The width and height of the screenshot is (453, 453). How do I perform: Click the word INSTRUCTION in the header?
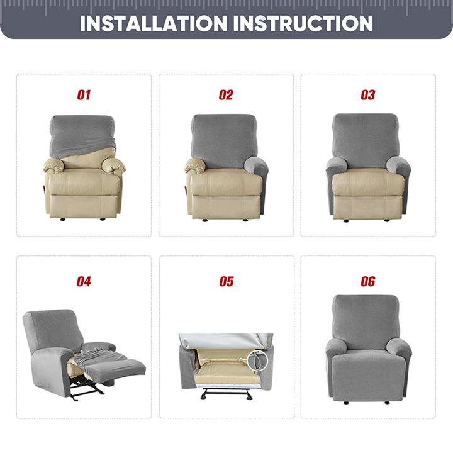[303, 23]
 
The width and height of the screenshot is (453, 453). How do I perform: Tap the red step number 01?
[84, 95]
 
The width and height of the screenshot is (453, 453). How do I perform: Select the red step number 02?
[226, 95]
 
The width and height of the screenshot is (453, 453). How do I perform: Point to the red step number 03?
[368, 95]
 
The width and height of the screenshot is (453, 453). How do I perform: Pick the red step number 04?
[84, 281]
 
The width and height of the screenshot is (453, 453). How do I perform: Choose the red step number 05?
[226, 281]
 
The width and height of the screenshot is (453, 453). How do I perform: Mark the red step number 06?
[368, 281]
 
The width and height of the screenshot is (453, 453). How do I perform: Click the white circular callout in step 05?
[257, 360]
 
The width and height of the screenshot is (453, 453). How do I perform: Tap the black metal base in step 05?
[226, 394]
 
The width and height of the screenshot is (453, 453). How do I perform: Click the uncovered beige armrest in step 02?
[195, 166]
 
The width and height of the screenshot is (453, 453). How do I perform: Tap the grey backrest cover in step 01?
[82, 136]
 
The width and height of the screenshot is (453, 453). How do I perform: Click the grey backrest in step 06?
[366, 321]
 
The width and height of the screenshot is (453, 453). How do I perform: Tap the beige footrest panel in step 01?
[84, 206]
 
